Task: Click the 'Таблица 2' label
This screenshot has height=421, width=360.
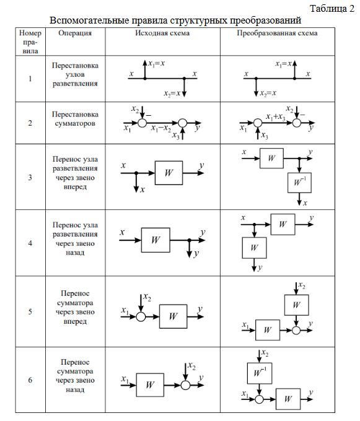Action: tap(332, 9)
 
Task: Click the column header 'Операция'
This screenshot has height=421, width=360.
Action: tap(75, 33)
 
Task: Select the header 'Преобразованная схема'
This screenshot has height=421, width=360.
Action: tap(277, 33)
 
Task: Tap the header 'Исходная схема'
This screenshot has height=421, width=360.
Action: tap(162, 33)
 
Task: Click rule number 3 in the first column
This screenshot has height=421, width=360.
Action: tap(30, 177)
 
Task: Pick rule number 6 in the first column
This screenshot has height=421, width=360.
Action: tap(30, 380)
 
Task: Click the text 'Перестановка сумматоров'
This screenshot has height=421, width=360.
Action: tap(75, 119)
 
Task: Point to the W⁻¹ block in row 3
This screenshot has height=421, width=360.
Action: tap(299, 183)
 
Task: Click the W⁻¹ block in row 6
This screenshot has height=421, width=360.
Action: tap(260, 373)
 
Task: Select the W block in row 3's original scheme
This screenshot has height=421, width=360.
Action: tap(169, 173)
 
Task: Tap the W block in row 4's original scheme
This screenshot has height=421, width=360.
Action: tap(156, 240)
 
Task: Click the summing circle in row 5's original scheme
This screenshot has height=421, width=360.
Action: tap(141, 317)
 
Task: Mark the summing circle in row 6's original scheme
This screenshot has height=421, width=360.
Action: tap(185, 385)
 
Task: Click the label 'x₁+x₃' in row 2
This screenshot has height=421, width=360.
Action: tap(276, 117)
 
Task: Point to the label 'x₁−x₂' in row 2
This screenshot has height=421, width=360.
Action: tap(160, 129)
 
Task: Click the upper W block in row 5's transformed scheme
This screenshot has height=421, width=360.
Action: tap(296, 305)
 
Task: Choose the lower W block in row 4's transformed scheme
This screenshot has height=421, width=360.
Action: tap(254, 248)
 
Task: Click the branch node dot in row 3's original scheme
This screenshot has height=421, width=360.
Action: tap(136, 173)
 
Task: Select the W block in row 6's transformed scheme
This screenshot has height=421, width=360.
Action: tap(288, 399)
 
